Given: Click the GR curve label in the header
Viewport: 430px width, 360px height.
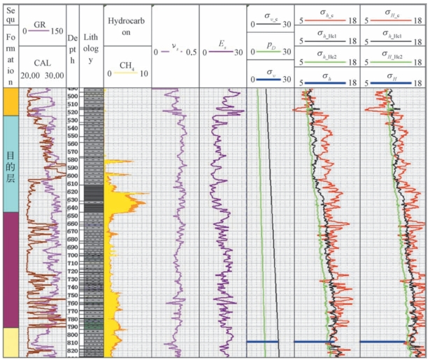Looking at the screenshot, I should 39,23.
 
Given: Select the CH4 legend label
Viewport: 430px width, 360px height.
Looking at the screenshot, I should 127,66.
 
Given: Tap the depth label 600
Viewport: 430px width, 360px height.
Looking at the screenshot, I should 73,183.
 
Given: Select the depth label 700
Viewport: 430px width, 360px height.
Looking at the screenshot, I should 73,255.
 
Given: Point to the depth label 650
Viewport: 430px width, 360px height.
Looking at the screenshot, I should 73,216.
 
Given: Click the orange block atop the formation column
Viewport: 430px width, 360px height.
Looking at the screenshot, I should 10,102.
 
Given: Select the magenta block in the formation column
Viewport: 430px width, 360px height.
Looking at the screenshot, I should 10,269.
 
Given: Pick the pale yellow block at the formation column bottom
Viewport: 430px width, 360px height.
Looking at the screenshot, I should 10,343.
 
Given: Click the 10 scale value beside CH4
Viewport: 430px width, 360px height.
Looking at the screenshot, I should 143,73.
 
